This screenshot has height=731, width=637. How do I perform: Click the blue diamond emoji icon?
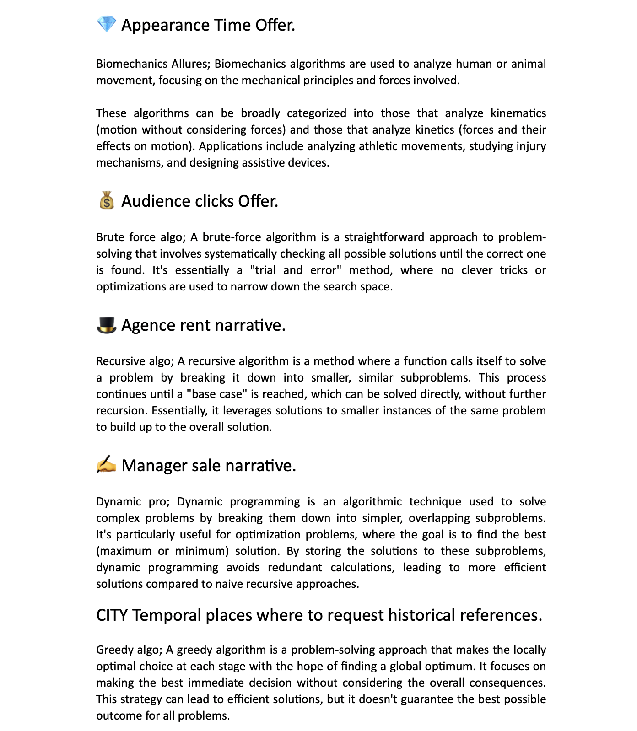(107, 24)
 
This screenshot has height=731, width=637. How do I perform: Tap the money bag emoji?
(107, 200)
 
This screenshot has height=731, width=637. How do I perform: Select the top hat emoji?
(107, 325)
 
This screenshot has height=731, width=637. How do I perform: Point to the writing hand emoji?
(107, 465)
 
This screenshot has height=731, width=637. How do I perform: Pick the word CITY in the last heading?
(112, 615)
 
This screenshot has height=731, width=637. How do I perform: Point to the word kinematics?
(518, 113)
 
